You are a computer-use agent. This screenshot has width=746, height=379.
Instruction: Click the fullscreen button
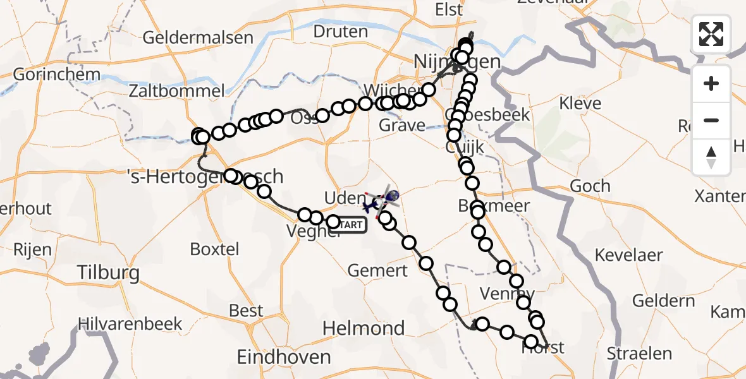coord(711,33)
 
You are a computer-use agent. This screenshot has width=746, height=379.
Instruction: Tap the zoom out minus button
coord(711,120)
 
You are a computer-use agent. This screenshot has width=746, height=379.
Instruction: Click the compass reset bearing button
coord(711,157)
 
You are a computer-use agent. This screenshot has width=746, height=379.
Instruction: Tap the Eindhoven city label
coord(283,357)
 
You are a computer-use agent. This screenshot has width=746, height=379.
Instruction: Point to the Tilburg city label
coord(108,273)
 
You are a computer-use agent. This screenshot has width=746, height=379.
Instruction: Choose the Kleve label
coord(580,103)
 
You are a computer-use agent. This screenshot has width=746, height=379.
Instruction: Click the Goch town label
coord(590,186)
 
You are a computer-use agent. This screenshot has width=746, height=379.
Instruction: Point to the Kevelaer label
coord(629,256)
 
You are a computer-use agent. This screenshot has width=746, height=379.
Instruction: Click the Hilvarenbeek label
coord(130,325)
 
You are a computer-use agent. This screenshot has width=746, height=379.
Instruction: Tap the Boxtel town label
coord(215,249)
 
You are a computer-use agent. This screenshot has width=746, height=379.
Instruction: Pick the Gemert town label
coord(377,271)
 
